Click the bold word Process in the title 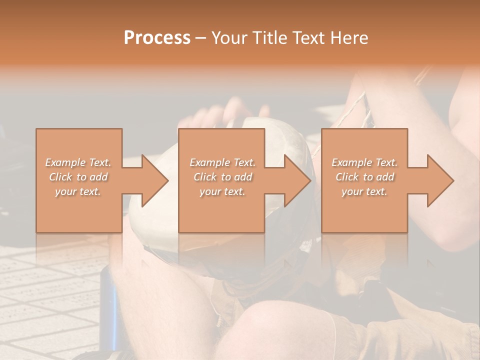point(157,38)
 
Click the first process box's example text point(78,177)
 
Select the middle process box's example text point(222,177)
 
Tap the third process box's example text point(364,177)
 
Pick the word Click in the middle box point(204,177)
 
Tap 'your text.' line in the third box point(364,191)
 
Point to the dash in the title point(200,38)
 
